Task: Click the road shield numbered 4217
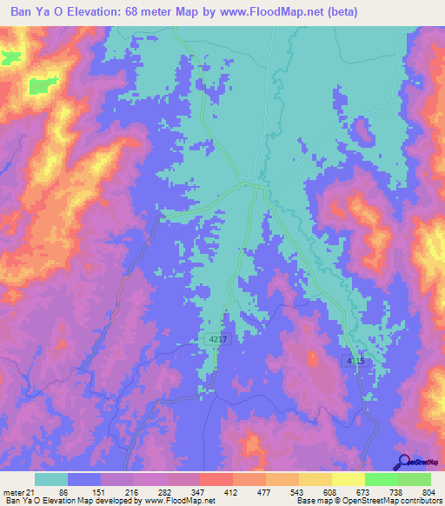click(218, 338)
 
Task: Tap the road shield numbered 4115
click(352, 361)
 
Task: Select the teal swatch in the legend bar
click(51, 479)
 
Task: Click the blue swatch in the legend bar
click(84, 479)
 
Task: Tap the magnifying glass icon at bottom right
click(403, 461)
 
